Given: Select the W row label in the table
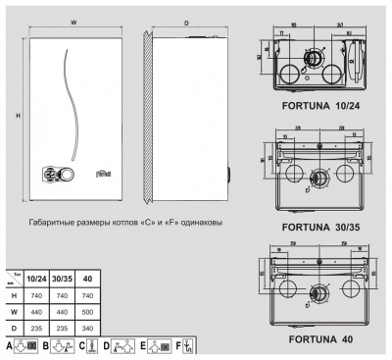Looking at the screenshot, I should [x=14, y=310].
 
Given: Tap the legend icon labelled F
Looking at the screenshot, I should [x=189, y=346].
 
